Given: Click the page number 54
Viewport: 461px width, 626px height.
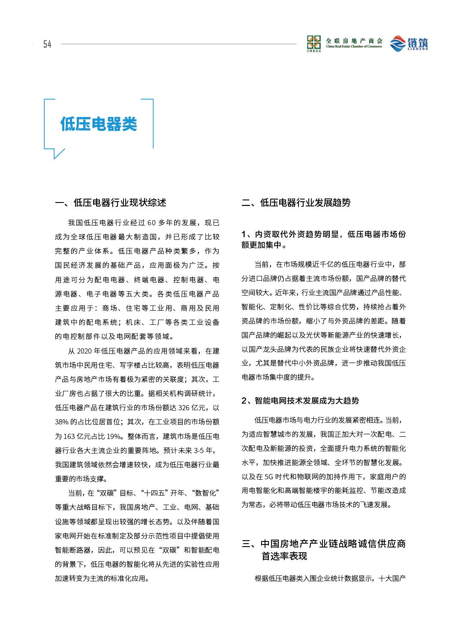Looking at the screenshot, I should click(x=47, y=44).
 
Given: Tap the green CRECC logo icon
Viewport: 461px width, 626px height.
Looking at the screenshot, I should click(x=314, y=42).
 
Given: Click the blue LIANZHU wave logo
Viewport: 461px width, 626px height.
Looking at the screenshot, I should click(x=398, y=44).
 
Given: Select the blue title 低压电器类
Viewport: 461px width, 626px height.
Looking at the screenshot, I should click(x=99, y=124).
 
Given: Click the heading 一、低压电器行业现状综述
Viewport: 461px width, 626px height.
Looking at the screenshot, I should click(x=111, y=203).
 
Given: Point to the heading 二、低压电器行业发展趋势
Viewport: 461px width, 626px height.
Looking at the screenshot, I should click(x=296, y=203).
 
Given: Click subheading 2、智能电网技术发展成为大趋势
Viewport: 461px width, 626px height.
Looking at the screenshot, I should click(x=300, y=401).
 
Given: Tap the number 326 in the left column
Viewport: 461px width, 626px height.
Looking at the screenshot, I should click(x=184, y=408).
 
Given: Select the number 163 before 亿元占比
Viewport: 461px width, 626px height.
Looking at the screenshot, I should click(x=69, y=436).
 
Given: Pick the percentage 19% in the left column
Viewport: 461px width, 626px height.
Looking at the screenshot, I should click(x=114, y=436).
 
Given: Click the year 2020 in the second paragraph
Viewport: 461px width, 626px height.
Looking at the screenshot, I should click(x=84, y=351).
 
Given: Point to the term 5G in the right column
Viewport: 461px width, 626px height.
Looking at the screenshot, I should click(x=268, y=477).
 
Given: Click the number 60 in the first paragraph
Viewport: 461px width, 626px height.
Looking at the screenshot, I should click(x=151, y=223).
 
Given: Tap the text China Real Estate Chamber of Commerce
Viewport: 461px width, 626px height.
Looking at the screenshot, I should click(x=354, y=46).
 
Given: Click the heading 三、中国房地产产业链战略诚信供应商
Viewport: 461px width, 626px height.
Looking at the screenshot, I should click(x=324, y=544).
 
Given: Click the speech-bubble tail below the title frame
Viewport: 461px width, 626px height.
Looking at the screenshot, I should click(x=57, y=153).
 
